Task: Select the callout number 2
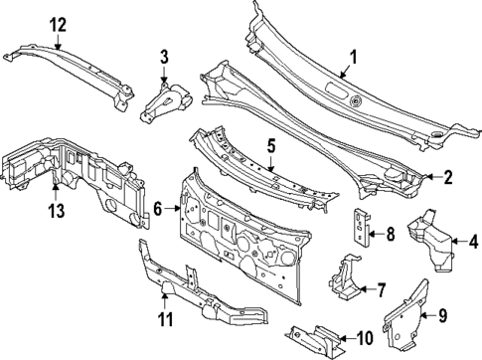click(447, 178)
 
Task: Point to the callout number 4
click(473, 240)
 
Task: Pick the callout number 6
click(157, 208)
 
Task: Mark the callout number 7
click(379, 289)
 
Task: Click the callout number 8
click(391, 236)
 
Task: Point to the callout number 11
click(166, 319)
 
